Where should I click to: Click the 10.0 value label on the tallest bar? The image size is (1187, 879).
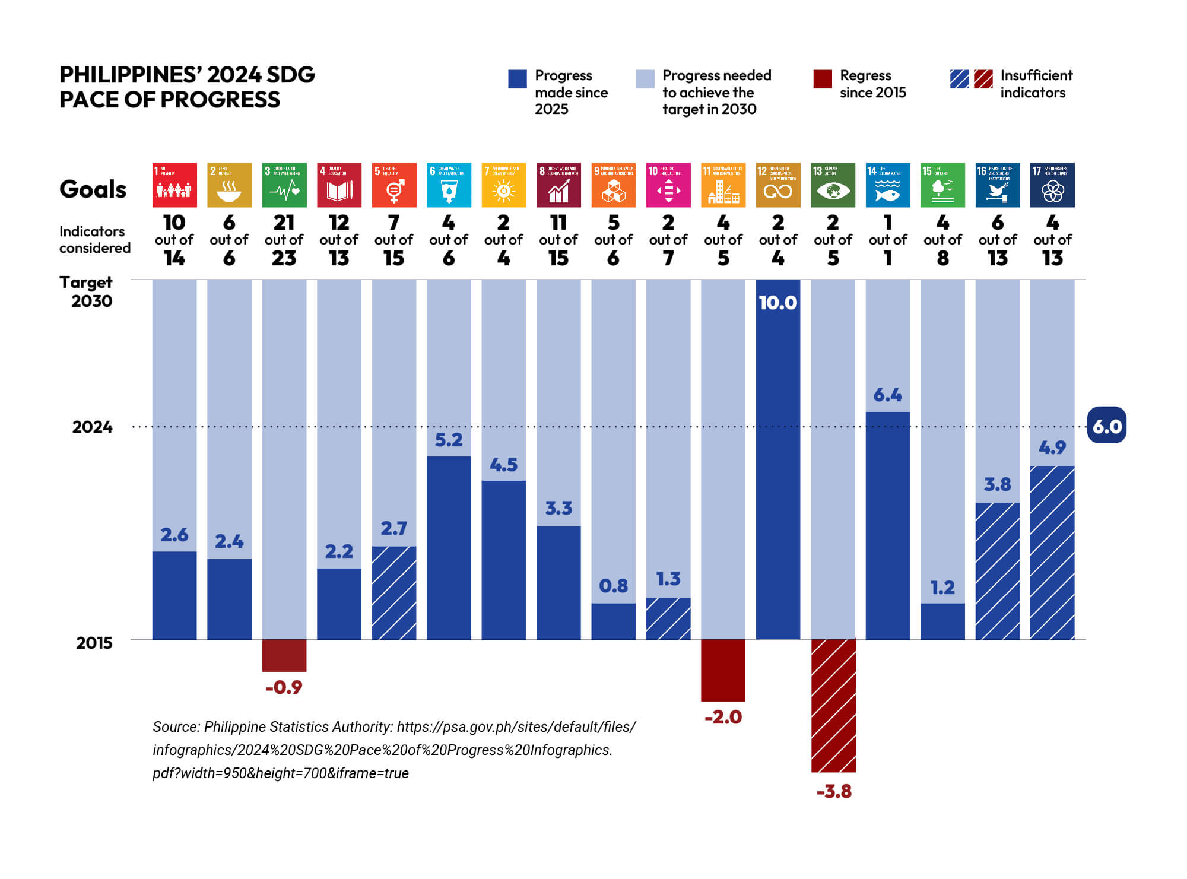[x=777, y=303]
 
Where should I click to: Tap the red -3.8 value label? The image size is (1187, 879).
[x=834, y=791]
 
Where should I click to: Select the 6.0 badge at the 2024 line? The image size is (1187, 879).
[x=1106, y=426]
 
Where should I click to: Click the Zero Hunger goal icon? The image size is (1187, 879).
[x=229, y=185]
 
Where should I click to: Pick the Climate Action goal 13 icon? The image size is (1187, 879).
[x=833, y=185]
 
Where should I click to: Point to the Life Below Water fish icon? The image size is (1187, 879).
[x=887, y=185]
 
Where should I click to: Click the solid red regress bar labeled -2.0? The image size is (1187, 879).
[x=723, y=670]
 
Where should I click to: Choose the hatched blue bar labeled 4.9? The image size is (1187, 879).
[x=1052, y=553]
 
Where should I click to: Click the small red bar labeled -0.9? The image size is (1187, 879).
[x=284, y=655]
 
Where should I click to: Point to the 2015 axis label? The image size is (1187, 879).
[x=94, y=643]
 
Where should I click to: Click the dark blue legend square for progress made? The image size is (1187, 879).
[x=518, y=79]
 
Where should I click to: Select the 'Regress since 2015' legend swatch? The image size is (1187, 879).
[x=823, y=79]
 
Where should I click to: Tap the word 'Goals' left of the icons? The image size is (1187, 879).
[x=93, y=189]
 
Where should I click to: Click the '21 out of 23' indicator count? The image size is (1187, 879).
[x=284, y=240]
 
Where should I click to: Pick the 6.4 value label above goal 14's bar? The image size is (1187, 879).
[x=887, y=395]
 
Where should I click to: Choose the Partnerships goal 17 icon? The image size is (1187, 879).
[x=1052, y=185]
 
